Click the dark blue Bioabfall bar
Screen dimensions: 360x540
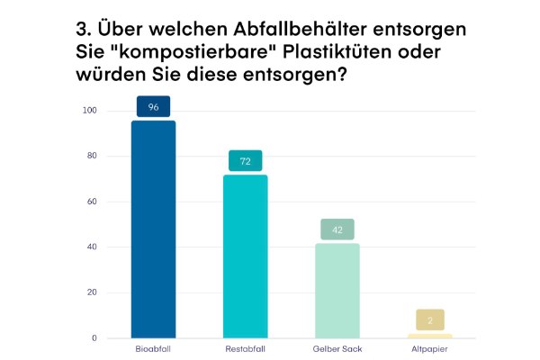coord(153,229)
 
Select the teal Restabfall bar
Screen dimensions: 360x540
coord(246,256)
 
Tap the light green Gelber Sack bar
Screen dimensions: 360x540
coord(337,291)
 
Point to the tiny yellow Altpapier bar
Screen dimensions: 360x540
coord(429,336)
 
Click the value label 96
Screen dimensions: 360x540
coord(153,106)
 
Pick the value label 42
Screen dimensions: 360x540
coord(337,229)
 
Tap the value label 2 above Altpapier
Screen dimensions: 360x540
coord(430,319)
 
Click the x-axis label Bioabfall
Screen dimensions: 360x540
coord(153,347)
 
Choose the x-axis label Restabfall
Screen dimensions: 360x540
coord(246,347)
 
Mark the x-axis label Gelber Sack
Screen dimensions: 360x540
coord(337,347)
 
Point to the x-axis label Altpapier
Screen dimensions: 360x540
coord(429,347)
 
